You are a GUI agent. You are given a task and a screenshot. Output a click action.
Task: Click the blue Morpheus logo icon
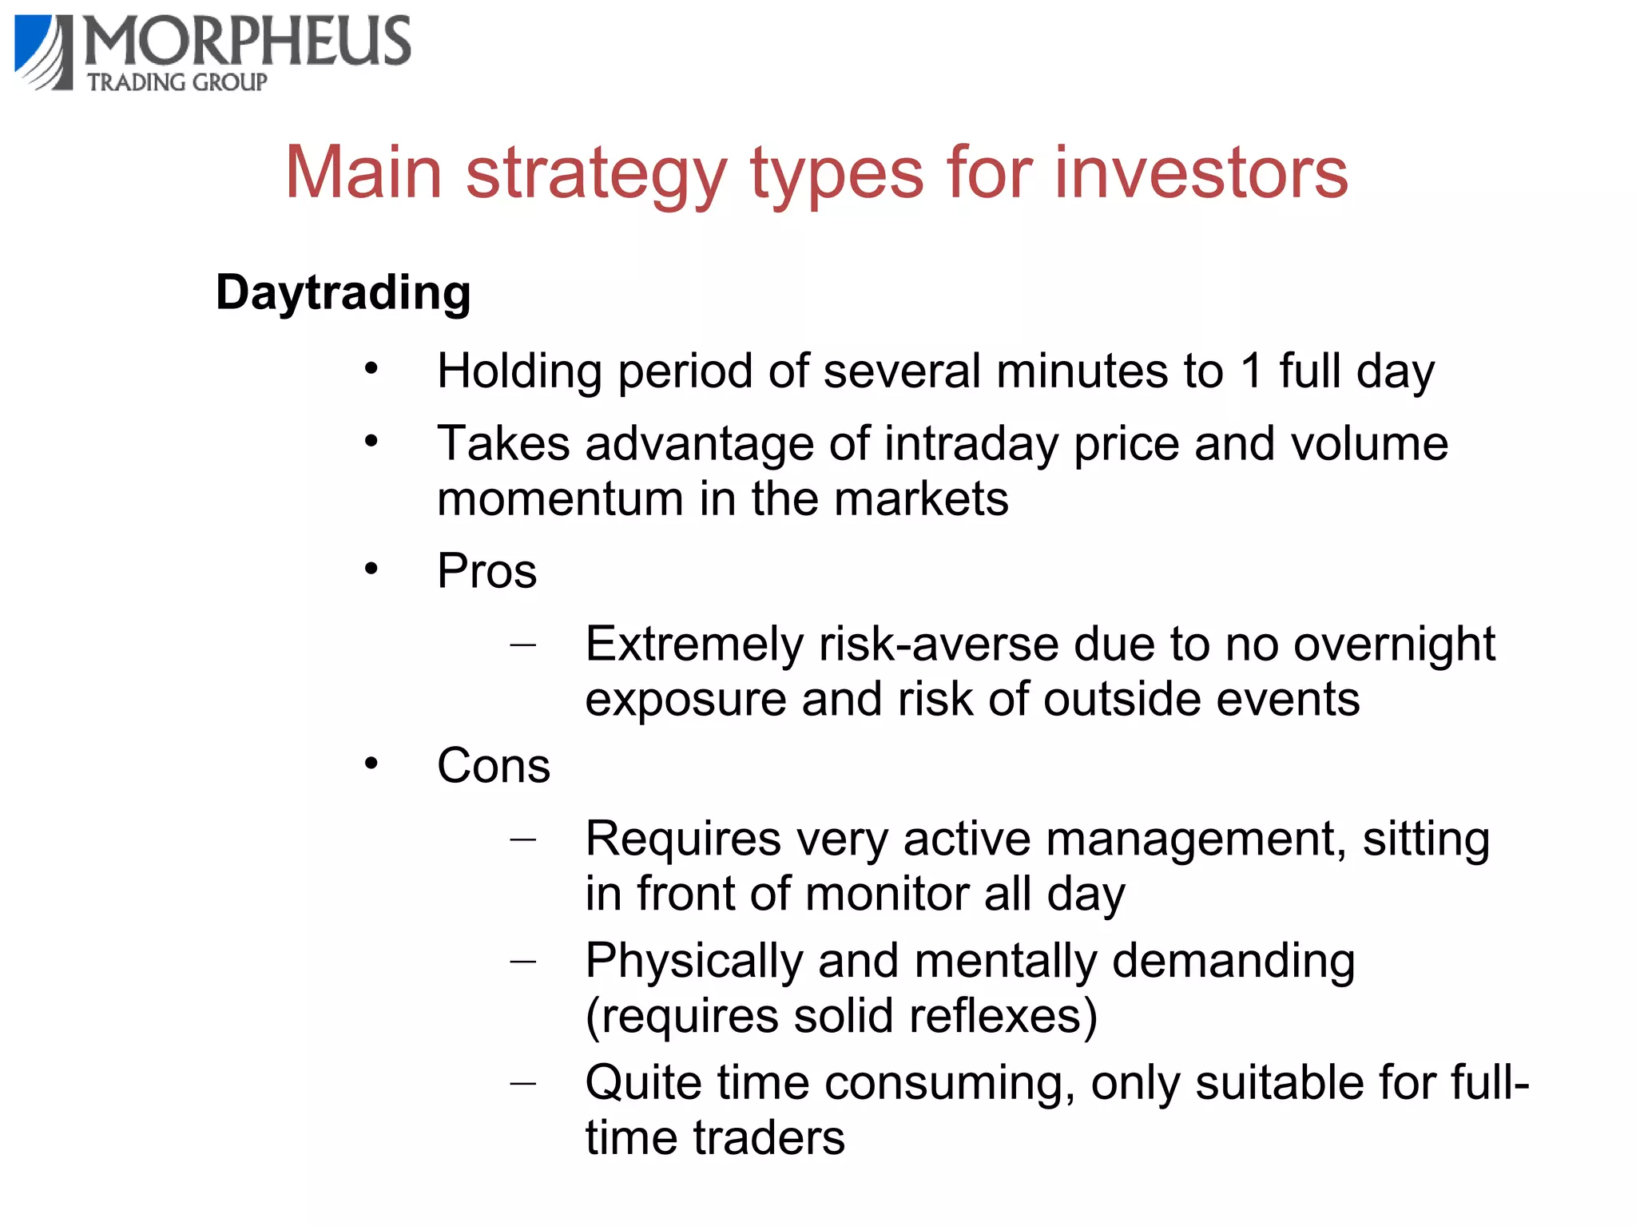point(44,52)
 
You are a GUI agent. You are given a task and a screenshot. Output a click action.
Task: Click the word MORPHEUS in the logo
point(248,42)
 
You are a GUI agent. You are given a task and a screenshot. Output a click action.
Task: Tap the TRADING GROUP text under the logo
point(177,82)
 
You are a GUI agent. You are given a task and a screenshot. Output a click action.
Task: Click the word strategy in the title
point(596,174)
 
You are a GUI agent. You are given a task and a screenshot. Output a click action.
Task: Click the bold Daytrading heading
point(343,293)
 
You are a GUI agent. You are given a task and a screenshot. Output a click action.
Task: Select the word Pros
point(486,572)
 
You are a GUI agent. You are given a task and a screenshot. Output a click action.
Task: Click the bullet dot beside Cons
point(371,764)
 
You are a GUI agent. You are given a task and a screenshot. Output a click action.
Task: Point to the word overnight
point(1394,645)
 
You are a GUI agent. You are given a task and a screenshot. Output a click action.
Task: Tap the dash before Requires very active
point(522,839)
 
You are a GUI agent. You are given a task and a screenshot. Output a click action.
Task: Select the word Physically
point(693,962)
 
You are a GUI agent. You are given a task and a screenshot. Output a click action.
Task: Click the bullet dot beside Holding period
point(371,369)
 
